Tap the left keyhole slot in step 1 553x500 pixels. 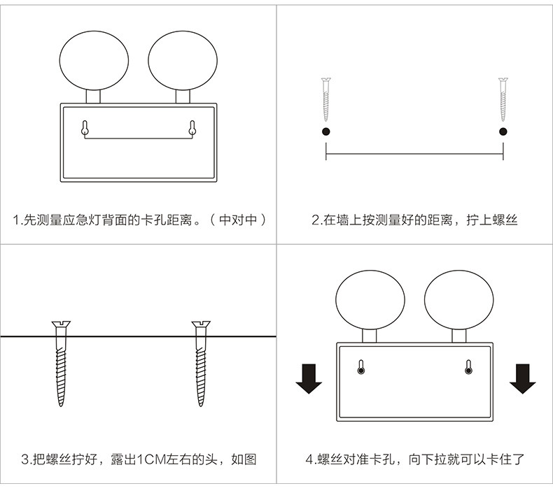pyautogui.click(x=85, y=127)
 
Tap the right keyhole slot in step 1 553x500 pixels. pyautogui.click(x=192, y=127)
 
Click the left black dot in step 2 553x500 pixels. pyautogui.click(x=325, y=132)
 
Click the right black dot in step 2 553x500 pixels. pyautogui.click(x=503, y=132)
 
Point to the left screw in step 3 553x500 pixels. pyautogui.click(x=61, y=364)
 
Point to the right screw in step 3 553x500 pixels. pyautogui.click(x=202, y=364)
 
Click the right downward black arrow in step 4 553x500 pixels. pyautogui.click(x=522, y=378)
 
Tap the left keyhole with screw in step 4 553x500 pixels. pyautogui.click(x=360, y=367)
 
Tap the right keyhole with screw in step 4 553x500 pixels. pyautogui.click(x=468, y=367)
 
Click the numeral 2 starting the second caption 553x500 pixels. pyautogui.click(x=315, y=220)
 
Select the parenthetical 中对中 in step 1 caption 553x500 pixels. pyautogui.click(x=242, y=220)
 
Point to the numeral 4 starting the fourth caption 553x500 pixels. pyautogui.click(x=309, y=459)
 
